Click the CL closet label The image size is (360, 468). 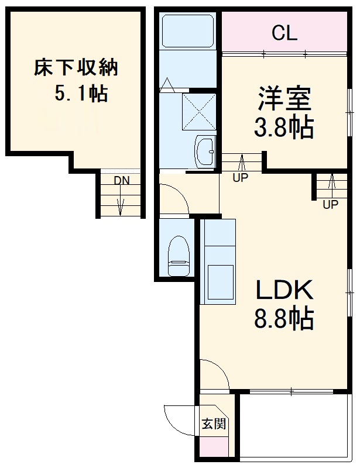(284, 34)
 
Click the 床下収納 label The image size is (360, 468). (76, 67)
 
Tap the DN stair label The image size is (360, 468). (122, 181)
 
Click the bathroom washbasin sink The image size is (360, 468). (205, 152)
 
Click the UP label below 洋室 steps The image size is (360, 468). (240, 179)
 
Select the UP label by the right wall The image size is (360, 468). (331, 204)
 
